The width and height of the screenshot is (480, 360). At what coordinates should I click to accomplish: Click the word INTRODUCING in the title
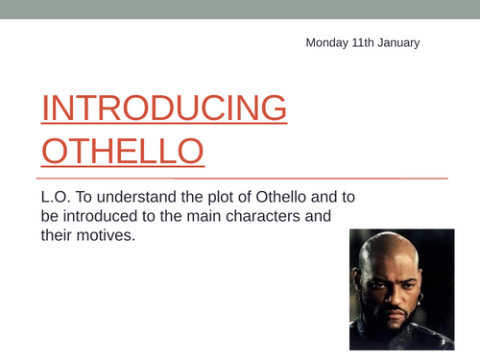pyautogui.click(x=163, y=108)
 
